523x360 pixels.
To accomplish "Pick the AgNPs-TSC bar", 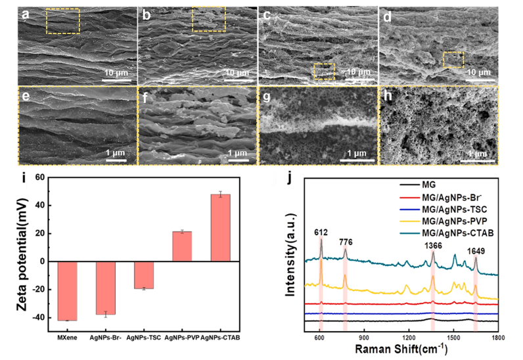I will (143, 275).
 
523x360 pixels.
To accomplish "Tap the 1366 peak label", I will (433, 245).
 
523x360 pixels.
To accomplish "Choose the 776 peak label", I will (347, 241).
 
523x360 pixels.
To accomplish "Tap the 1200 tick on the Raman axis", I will (409, 337).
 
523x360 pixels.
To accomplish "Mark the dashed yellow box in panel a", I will (63, 21).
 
